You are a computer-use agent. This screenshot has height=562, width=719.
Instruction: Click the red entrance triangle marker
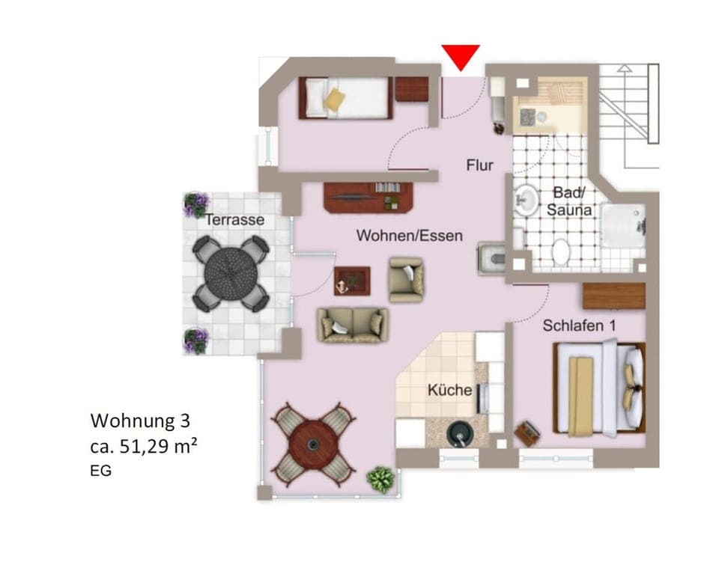pyautogui.click(x=460, y=56)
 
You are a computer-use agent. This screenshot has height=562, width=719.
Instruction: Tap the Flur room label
pyautogui.click(x=479, y=165)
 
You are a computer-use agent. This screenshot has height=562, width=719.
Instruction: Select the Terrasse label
pyautogui.click(x=235, y=220)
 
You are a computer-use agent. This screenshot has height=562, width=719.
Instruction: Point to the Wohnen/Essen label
pyautogui.click(x=409, y=235)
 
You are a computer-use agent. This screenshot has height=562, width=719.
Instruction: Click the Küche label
pyautogui.click(x=449, y=390)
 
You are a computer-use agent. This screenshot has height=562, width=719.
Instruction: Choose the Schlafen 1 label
pyautogui.click(x=580, y=326)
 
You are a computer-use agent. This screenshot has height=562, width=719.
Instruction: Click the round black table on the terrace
pyautogui.click(x=231, y=272)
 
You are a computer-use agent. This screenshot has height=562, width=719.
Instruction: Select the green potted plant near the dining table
pyautogui.click(x=380, y=478)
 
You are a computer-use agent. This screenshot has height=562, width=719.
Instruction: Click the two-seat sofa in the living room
pyautogui.click(x=352, y=325)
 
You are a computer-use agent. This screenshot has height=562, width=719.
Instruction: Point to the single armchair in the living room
pyautogui.click(x=406, y=278)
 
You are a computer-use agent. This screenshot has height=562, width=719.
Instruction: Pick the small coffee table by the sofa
pyautogui.click(x=351, y=280)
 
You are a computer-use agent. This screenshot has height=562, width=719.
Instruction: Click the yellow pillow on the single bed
pyautogui.click(x=335, y=100)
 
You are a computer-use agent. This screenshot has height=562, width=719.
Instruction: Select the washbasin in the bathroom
pyautogui.click(x=527, y=200)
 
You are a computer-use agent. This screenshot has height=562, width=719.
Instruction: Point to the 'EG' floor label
pyautogui.click(x=100, y=471)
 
